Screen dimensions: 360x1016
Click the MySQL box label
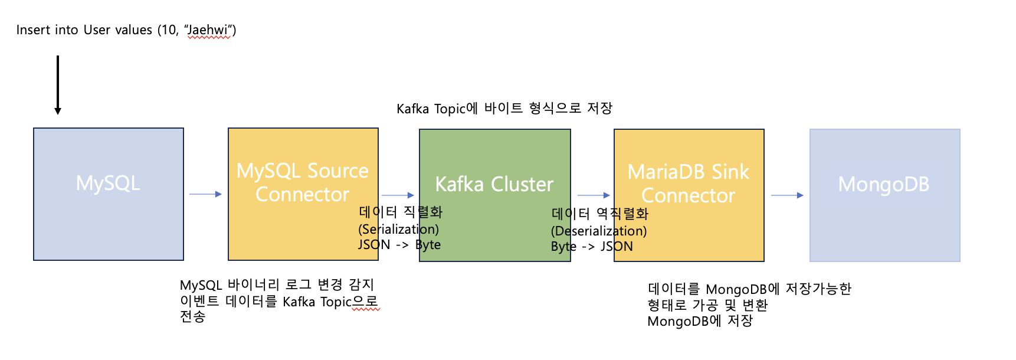108,183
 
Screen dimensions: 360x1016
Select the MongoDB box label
883,184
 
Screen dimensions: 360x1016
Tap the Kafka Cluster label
494,184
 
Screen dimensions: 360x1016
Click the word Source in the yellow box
338,171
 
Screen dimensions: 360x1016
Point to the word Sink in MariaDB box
730,172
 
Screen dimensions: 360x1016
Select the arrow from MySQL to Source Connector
205,194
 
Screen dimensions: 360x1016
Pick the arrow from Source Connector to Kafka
398,195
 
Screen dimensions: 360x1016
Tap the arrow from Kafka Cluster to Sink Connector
593,195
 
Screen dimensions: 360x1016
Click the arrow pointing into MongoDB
786,195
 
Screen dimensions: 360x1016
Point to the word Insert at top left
33,30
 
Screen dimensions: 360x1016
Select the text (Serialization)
398,229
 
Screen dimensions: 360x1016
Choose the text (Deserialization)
598,231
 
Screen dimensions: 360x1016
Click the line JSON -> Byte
399,245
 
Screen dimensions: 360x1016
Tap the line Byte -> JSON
591,247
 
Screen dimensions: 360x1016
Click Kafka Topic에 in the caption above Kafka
437,109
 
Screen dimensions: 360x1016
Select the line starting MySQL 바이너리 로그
277,285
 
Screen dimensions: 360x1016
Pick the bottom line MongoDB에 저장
700,321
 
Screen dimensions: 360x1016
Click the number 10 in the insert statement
168,30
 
